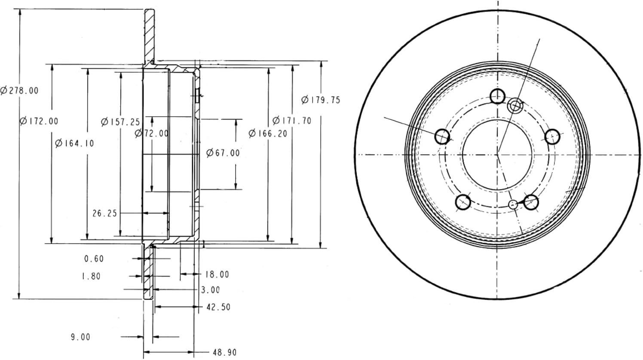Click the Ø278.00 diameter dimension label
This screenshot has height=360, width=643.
tap(19, 91)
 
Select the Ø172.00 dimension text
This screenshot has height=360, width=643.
tap(39, 121)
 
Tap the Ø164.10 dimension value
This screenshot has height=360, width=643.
tap(75, 143)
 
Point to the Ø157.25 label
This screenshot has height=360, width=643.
tap(120, 122)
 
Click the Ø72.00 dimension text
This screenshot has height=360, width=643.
tap(152, 133)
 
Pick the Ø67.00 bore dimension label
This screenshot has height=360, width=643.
tap(223, 153)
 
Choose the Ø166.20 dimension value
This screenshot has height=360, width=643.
tap(268, 133)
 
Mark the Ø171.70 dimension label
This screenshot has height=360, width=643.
tap(292, 121)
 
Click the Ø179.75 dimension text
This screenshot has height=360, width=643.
tap(321, 100)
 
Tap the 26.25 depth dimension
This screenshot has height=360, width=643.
tap(105, 213)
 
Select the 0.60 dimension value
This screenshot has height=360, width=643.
tap(94, 258)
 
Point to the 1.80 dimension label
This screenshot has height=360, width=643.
tap(91, 276)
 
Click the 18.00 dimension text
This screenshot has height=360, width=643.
tap(217, 274)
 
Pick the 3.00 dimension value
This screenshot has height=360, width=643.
tap(211, 290)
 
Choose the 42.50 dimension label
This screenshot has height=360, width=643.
tap(218, 307)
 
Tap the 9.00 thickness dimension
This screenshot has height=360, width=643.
tap(81, 337)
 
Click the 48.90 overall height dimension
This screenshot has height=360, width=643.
tap(225, 352)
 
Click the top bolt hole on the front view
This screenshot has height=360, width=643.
tap(497, 96)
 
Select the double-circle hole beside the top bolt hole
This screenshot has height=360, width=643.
tap(515, 106)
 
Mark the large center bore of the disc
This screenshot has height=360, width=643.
tap(497, 155)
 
